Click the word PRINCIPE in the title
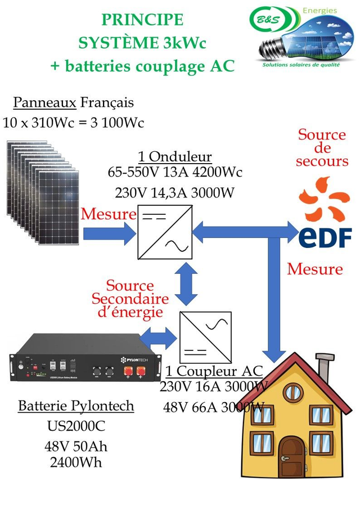142,20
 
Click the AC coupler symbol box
205,338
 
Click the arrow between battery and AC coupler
158,338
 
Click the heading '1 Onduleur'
174,156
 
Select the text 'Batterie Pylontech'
76,406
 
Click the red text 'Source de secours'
322,148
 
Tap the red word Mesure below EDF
314,269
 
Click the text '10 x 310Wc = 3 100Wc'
73,121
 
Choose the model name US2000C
76,426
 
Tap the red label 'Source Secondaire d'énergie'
130,299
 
